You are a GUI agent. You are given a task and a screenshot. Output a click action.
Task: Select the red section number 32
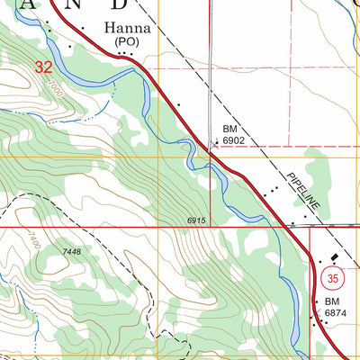click(42, 67)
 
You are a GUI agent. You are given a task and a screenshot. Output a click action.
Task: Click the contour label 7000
click(57, 88)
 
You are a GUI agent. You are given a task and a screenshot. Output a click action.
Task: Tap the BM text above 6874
click(334, 301)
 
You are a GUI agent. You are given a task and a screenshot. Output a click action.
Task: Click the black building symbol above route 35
click(323, 258)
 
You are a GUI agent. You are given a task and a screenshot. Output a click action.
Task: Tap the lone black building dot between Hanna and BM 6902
click(178, 105)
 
